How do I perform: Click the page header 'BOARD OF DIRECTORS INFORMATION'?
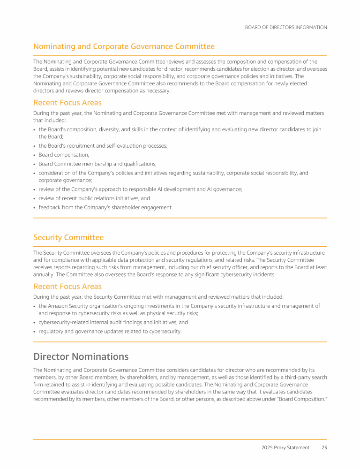(x=286, y=27)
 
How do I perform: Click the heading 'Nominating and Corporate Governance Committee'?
(x=124, y=46)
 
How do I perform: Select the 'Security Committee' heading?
(x=68, y=237)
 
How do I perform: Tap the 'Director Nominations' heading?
(x=81, y=356)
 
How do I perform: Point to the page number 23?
(x=324, y=447)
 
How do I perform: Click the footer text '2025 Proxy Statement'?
(x=285, y=447)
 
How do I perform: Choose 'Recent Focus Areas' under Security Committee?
(x=67, y=286)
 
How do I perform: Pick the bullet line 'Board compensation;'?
(x=64, y=154)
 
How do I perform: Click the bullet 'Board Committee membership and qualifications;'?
(x=97, y=164)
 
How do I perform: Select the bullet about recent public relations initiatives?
(x=94, y=198)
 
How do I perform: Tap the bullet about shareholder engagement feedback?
(x=105, y=207)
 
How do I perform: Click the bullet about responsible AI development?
(x=140, y=189)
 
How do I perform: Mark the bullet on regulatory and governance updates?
(x=110, y=331)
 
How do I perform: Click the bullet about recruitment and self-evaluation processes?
(x=103, y=146)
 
